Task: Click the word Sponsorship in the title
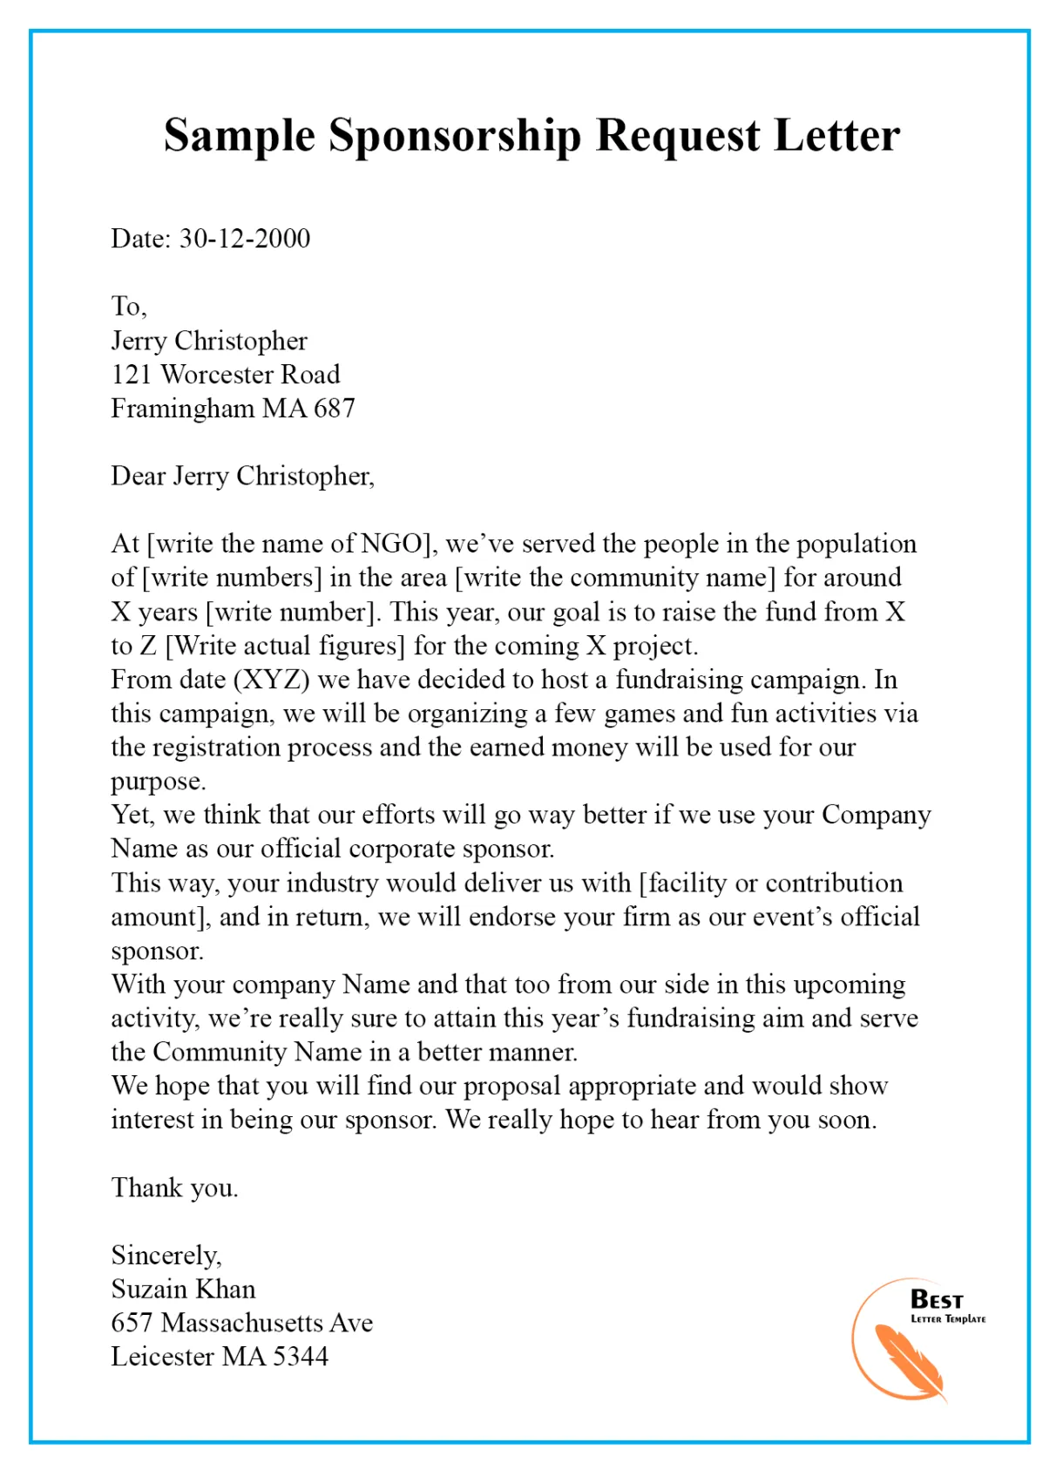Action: tap(454, 137)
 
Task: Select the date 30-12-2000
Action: tap(245, 239)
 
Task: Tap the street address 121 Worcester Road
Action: tap(225, 375)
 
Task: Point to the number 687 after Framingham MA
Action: tap(335, 409)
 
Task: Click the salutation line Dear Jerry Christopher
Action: tap(242, 477)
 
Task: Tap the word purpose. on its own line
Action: tap(158, 782)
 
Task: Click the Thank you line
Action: tap(174, 1188)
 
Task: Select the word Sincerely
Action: tap(166, 1256)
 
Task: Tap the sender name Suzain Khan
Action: tap(183, 1290)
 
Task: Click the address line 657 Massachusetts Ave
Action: tap(241, 1323)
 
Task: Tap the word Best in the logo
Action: tap(937, 1300)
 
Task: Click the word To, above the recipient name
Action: tap(128, 307)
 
